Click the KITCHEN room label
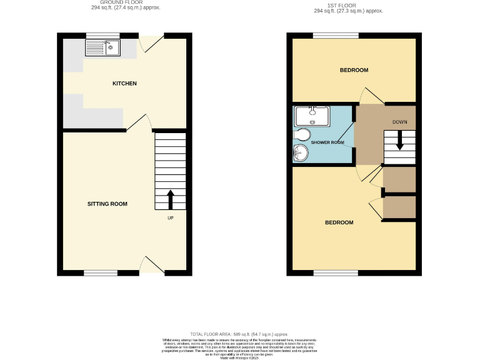coord(124,84)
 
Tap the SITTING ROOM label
coord(107,204)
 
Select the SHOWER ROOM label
coord(328,142)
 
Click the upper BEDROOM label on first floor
coord(354,70)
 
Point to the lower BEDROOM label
coord(339,222)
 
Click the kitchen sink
coord(102,47)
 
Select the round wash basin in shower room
coord(301,152)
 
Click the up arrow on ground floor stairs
coord(170,201)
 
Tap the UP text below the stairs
coord(170,218)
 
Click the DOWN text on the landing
coord(400,121)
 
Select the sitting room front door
coord(151,265)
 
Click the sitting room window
coord(101,272)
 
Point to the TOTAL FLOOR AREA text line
coord(239,334)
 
